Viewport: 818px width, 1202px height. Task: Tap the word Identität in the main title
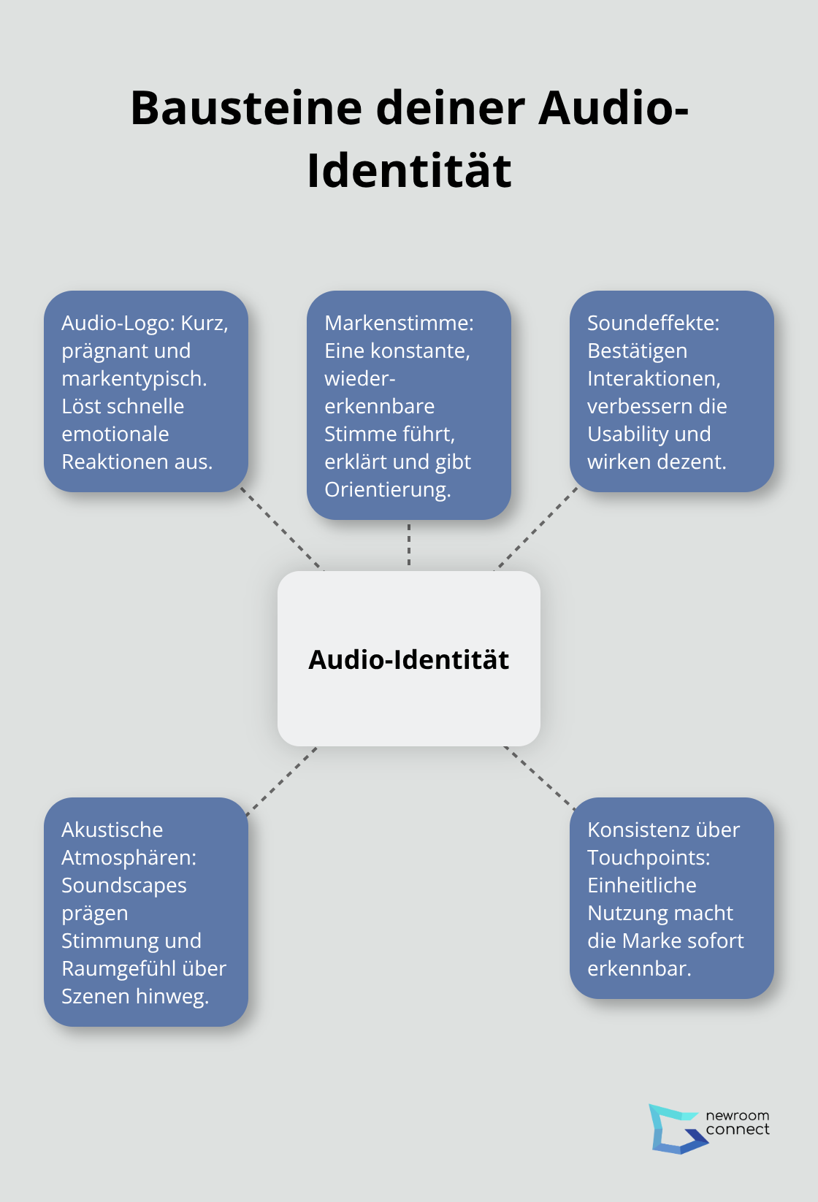pos(409,171)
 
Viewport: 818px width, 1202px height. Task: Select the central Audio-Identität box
pos(409,658)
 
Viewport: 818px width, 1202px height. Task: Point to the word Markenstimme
pos(399,323)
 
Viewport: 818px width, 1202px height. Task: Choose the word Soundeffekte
pos(653,323)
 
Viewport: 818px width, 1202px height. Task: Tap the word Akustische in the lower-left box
pos(112,830)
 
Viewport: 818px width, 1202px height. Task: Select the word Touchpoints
pos(648,857)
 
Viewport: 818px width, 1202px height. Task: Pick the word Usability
pos(627,434)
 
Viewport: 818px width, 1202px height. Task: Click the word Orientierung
pos(387,489)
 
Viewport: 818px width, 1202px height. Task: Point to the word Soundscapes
pos(123,885)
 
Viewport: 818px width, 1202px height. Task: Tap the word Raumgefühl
pos(119,968)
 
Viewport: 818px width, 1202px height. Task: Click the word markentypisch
pos(134,378)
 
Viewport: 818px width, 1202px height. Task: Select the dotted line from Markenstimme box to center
pos(409,545)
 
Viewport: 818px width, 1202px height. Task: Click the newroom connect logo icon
pos(675,1129)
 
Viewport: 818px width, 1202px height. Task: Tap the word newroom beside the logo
pos(737,1116)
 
